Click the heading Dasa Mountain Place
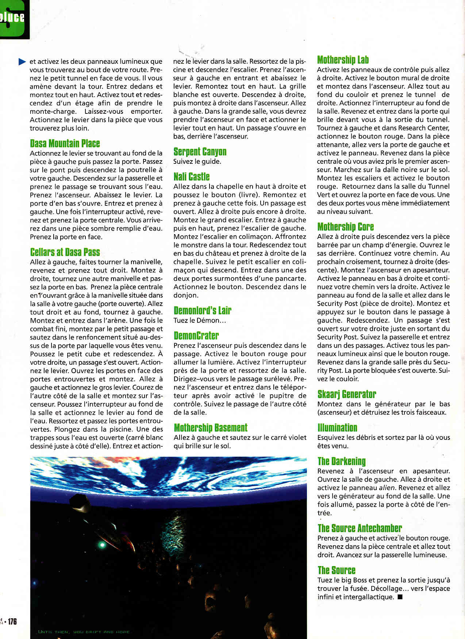(x=65, y=143)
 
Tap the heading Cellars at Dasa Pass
(x=65, y=252)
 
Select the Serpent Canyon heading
(x=200, y=152)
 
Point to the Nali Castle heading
(x=191, y=177)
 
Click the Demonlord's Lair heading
(x=202, y=310)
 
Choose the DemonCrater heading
(x=196, y=336)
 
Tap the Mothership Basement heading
(x=210, y=427)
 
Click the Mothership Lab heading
(x=343, y=60)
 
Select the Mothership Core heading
(x=345, y=227)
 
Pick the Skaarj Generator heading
(x=346, y=394)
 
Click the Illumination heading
(x=337, y=427)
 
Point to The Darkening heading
(x=341, y=461)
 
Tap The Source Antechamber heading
(x=359, y=528)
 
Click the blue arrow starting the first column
(x=22, y=62)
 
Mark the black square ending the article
(x=400, y=597)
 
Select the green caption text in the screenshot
(x=84, y=632)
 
